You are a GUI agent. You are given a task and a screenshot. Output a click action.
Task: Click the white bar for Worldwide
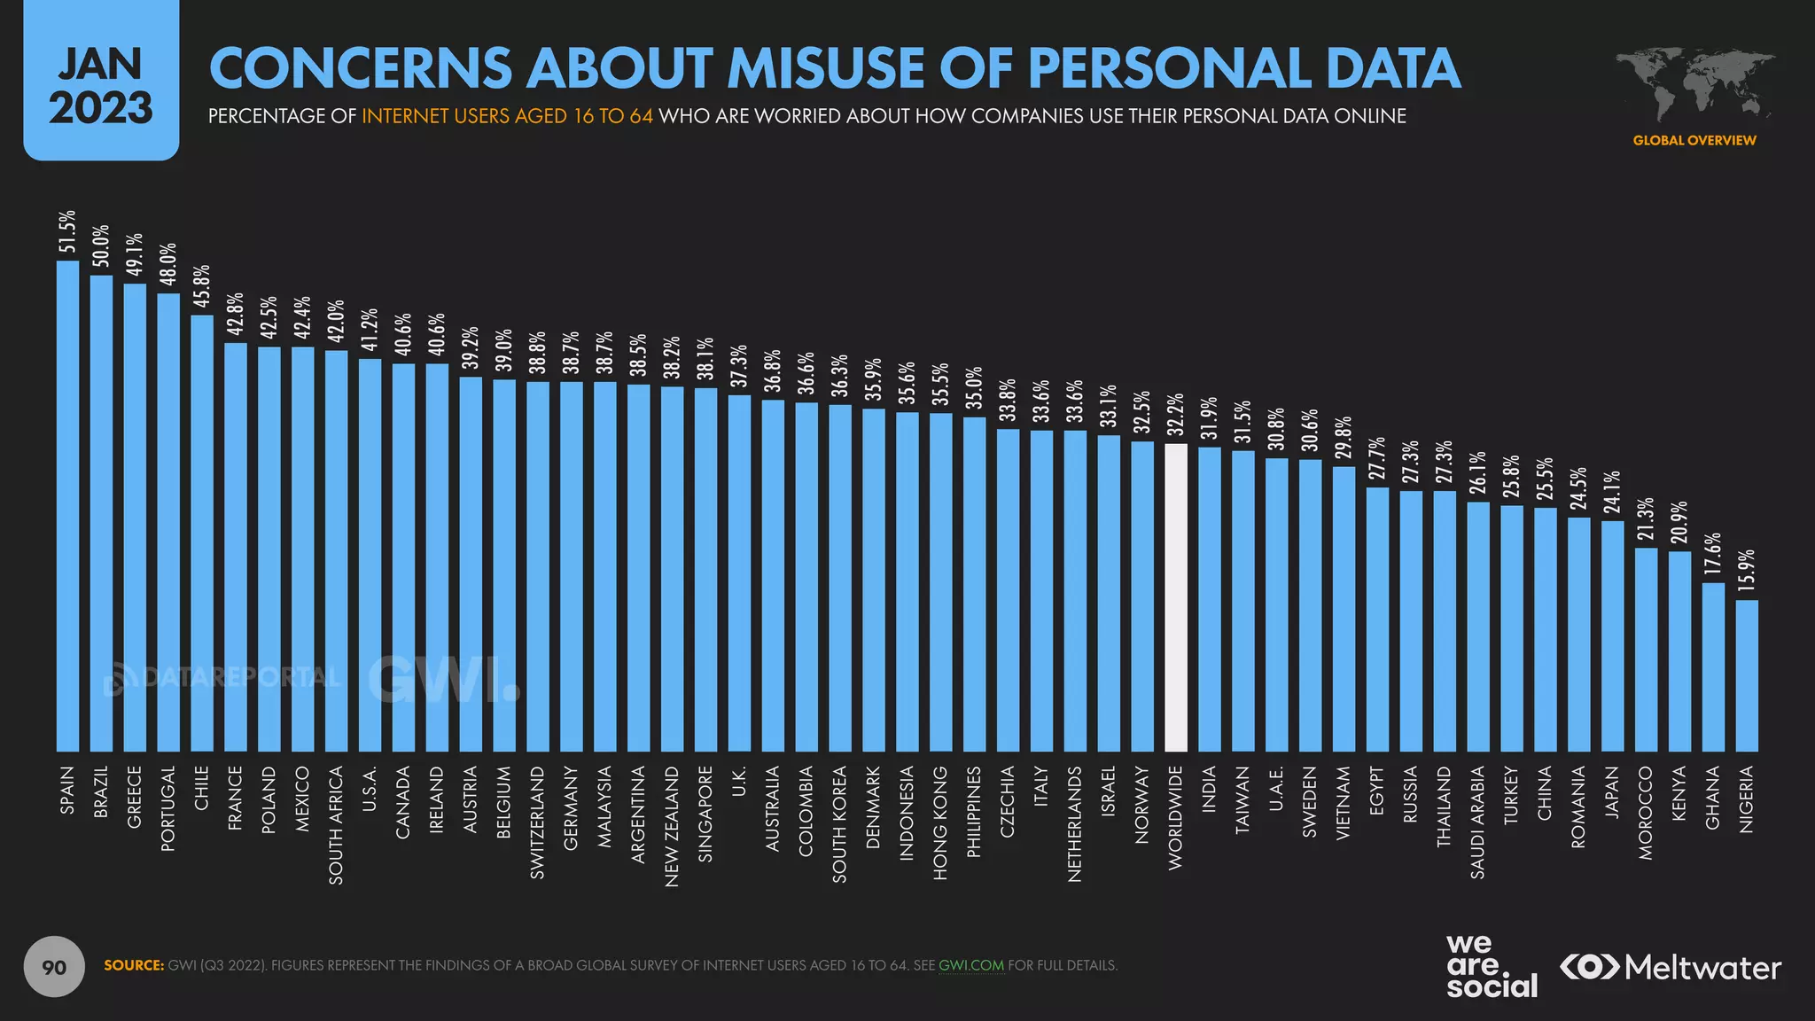pyautogui.click(x=1175, y=597)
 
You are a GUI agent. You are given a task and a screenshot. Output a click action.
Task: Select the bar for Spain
pyautogui.click(x=67, y=506)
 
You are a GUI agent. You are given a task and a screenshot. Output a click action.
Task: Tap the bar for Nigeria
pyautogui.click(x=1747, y=675)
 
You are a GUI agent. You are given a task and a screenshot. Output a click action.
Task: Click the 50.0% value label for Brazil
pyautogui.click(x=101, y=246)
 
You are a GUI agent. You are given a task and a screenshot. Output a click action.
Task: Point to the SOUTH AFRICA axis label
pyautogui.click(x=336, y=825)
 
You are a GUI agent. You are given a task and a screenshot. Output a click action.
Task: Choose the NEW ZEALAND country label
pyautogui.click(x=672, y=826)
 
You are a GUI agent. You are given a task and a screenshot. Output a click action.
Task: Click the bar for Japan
pyautogui.click(x=1612, y=635)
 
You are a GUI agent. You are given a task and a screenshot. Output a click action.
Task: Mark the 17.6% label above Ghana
pyautogui.click(x=1713, y=555)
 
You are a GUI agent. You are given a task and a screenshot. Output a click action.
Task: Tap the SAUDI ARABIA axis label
pyautogui.click(x=1477, y=822)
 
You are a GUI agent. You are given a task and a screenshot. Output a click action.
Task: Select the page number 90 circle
pyautogui.click(x=54, y=966)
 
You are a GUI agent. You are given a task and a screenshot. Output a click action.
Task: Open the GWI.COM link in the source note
pyautogui.click(x=970, y=965)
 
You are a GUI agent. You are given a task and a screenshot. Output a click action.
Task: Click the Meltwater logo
pyautogui.click(x=1670, y=967)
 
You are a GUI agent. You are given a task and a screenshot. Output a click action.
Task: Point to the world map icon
pyautogui.click(x=1694, y=86)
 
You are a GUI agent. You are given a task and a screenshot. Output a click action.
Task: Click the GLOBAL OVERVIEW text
pyautogui.click(x=1694, y=140)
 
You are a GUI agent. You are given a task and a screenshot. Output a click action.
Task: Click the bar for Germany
pyautogui.click(x=571, y=566)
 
